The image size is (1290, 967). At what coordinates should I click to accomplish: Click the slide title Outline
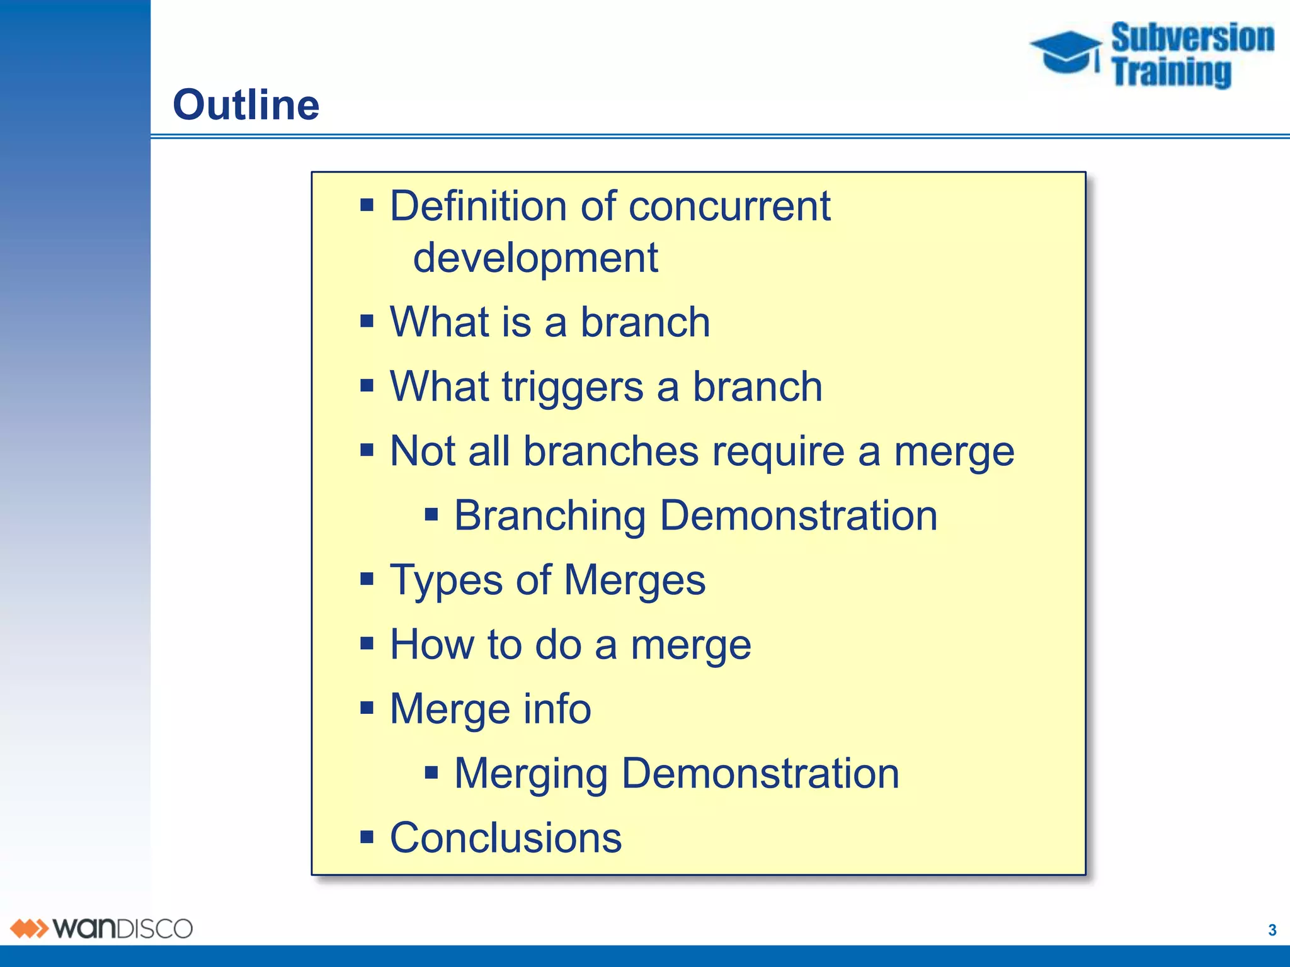tap(246, 105)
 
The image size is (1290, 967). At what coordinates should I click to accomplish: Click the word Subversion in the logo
tap(1192, 38)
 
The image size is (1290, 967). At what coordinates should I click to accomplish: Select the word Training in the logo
tap(1171, 72)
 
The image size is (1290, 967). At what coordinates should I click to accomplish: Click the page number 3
tap(1272, 930)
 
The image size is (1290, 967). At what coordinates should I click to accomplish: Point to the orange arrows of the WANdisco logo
tap(29, 929)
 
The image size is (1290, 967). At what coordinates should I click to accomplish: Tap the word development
tap(535, 258)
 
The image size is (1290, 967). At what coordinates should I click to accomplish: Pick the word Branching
tap(549, 516)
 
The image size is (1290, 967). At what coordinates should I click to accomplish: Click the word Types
tap(446, 580)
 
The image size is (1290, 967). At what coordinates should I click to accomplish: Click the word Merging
tap(530, 774)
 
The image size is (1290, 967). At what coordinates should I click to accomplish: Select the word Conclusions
tap(505, 839)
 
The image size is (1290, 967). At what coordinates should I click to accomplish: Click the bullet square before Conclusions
tap(367, 837)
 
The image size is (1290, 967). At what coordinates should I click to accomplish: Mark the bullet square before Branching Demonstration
tap(431, 516)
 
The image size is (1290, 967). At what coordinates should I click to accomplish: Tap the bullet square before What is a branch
tap(367, 322)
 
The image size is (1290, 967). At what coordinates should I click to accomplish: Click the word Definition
tap(478, 206)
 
